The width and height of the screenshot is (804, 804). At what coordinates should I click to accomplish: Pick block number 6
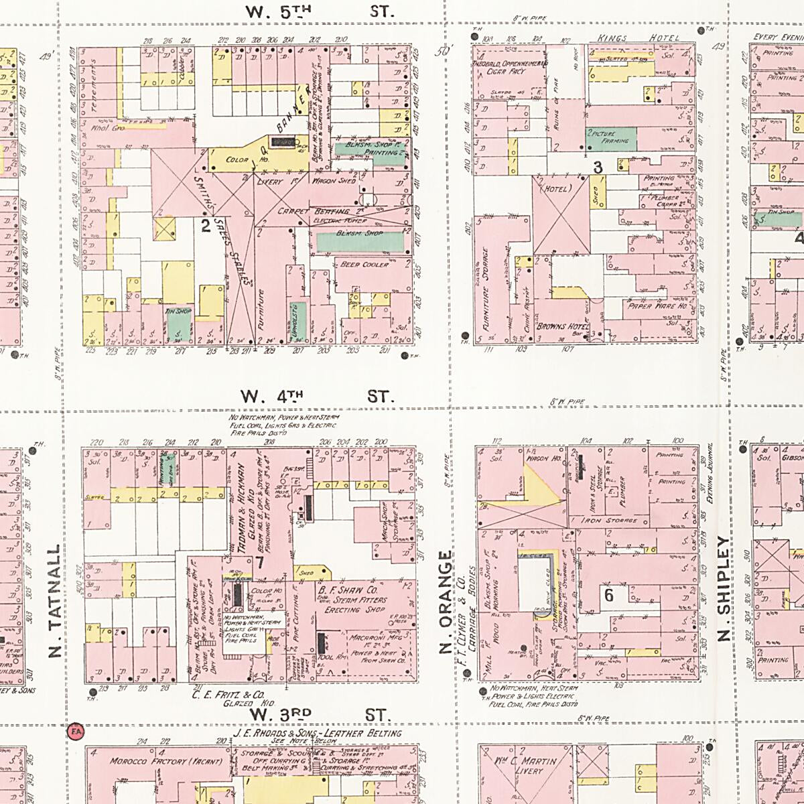coord(608,594)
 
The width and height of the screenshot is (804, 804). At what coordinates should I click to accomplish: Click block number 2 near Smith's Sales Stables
coord(206,225)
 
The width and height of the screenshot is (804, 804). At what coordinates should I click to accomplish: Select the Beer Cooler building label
coord(364,265)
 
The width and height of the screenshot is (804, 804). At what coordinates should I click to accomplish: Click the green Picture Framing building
coord(610,137)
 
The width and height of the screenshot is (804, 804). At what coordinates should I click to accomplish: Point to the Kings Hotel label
coord(638,38)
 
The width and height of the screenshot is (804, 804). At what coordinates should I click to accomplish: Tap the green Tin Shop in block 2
coord(178,322)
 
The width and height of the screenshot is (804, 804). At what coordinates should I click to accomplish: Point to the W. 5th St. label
coord(319,11)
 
